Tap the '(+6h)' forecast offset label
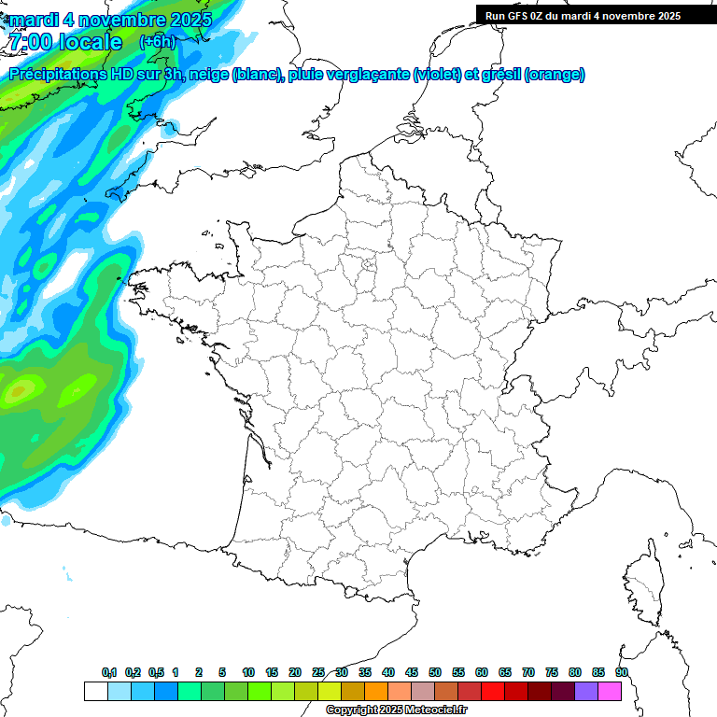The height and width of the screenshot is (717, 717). pyautogui.click(x=157, y=41)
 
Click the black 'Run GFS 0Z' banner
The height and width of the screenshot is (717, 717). pyautogui.click(x=596, y=15)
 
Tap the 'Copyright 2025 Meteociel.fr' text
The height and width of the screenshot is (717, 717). pyautogui.click(x=396, y=710)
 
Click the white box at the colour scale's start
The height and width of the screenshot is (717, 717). pyautogui.click(x=95, y=691)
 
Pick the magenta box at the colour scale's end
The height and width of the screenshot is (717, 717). pyautogui.click(x=611, y=691)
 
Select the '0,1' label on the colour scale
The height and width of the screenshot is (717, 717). pyautogui.click(x=109, y=672)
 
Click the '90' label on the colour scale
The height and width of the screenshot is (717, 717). pyautogui.click(x=622, y=672)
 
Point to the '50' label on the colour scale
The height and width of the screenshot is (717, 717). pyautogui.click(x=435, y=672)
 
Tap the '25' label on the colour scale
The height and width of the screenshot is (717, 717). pyautogui.click(x=318, y=672)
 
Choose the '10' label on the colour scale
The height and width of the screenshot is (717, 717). pyautogui.click(x=248, y=672)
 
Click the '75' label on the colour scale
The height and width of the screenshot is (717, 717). pyautogui.click(x=552, y=672)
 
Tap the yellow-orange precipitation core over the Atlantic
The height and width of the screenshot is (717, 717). pyautogui.click(x=17, y=393)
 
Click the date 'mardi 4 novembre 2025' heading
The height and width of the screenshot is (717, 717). pyautogui.click(x=110, y=19)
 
